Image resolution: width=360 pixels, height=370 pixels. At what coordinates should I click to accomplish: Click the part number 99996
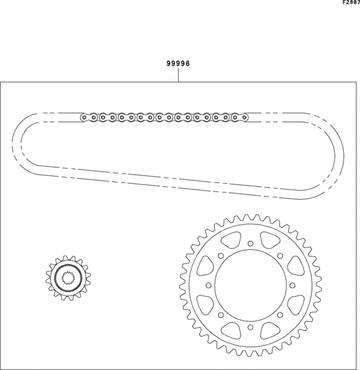[178, 64]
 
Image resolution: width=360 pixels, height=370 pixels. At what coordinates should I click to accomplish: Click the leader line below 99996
[178, 75]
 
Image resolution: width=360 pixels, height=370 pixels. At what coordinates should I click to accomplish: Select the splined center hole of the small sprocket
[68, 278]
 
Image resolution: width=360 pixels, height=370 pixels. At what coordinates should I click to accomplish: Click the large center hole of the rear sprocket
[251, 285]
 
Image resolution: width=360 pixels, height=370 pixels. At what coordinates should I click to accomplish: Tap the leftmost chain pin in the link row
[84, 118]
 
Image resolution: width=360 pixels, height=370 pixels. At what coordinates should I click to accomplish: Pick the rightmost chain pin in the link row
[244, 118]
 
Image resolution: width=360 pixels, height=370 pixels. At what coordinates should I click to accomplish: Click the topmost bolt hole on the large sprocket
[251, 243]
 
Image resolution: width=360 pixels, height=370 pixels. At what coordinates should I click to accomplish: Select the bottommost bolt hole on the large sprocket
[251, 328]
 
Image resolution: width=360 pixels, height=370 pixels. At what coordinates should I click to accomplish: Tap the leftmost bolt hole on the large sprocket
[208, 285]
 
